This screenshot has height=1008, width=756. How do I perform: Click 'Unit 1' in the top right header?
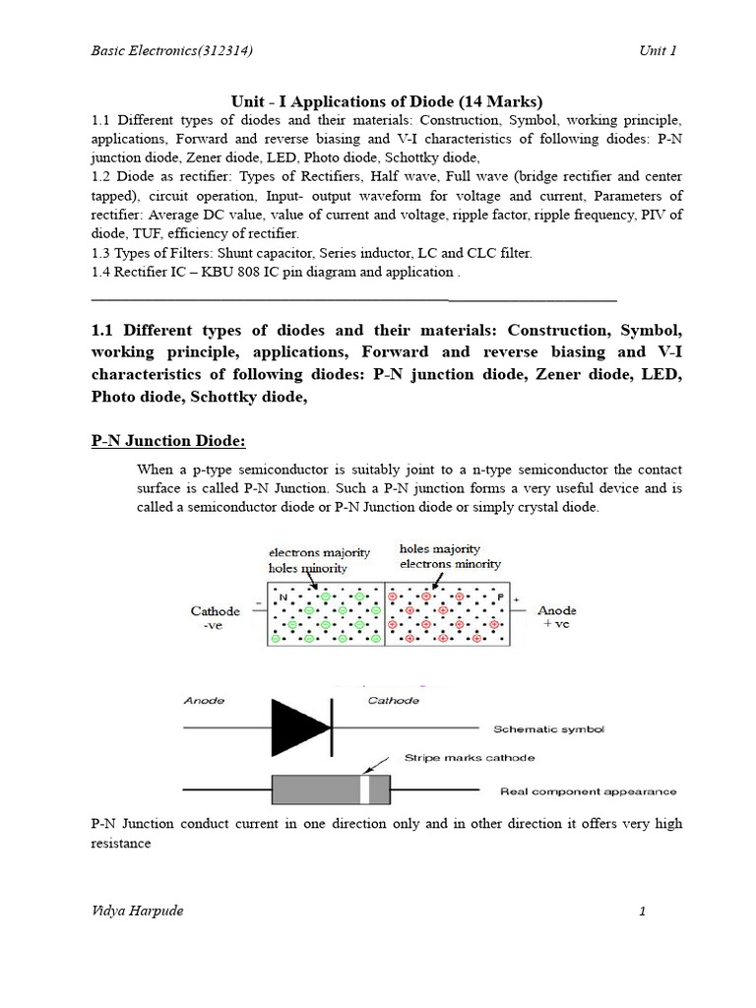(658, 50)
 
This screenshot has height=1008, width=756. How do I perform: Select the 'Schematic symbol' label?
(548, 729)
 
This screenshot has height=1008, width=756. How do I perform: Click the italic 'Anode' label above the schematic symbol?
(205, 701)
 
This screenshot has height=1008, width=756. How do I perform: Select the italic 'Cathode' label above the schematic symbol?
(393, 701)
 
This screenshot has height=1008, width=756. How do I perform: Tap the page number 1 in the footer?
(642, 912)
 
